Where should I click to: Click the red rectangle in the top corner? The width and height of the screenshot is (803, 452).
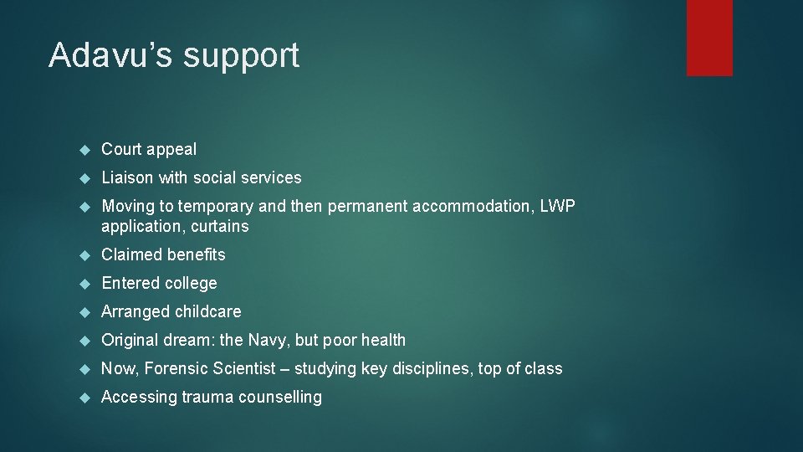pos(709,38)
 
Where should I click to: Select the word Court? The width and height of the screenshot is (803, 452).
pos(122,149)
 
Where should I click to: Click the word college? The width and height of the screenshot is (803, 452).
pos(192,283)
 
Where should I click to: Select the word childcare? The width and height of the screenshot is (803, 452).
pos(207,311)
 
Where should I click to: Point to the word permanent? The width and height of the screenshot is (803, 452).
pos(362,206)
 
